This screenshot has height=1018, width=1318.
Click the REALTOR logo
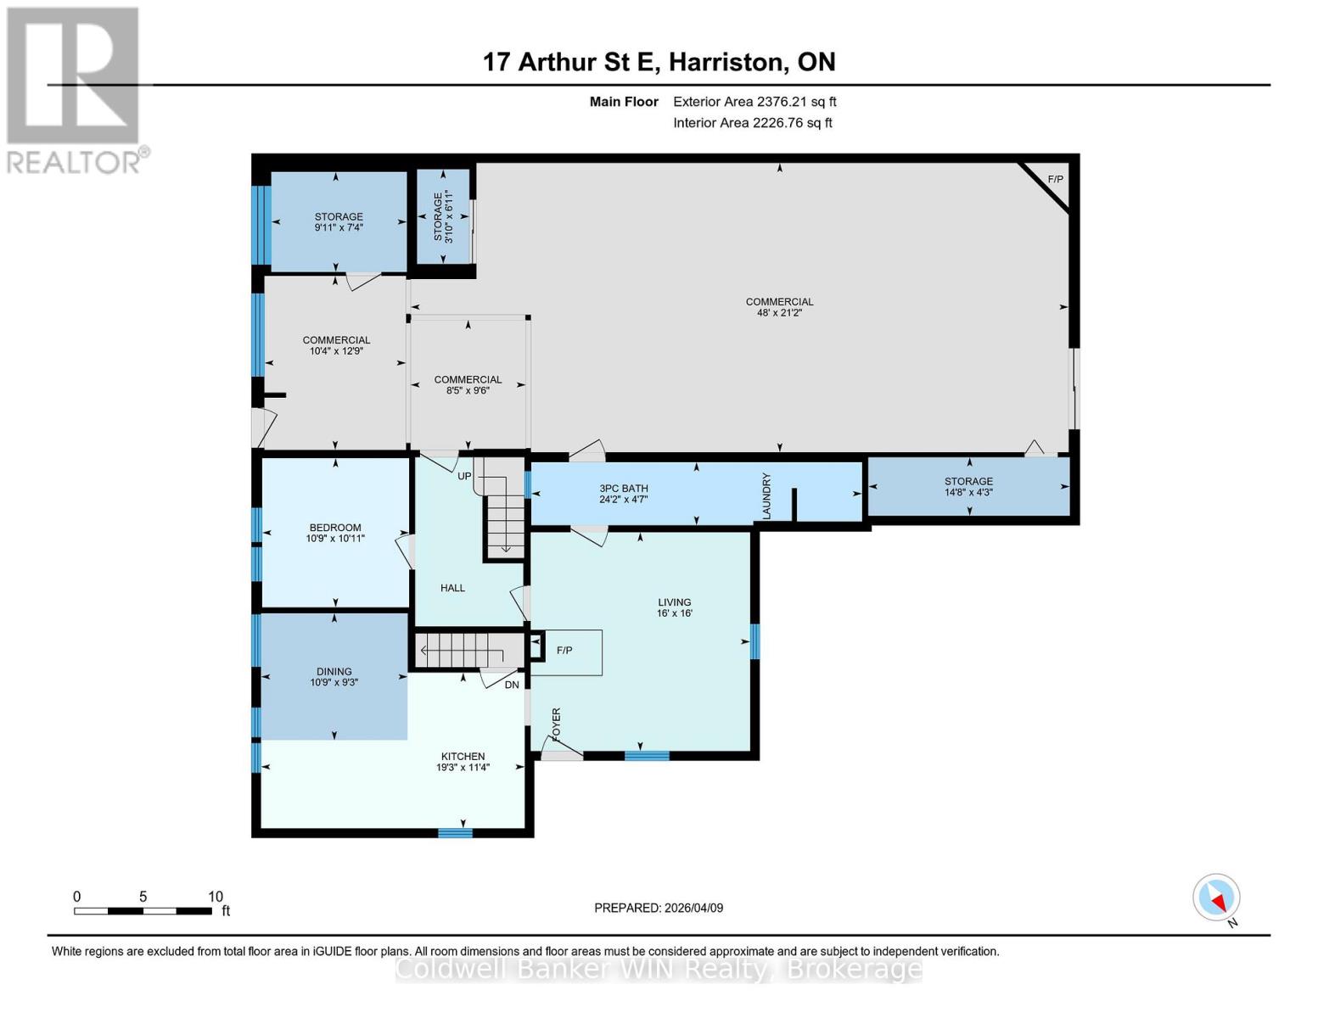click(x=75, y=90)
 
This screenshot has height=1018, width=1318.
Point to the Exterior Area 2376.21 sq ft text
click(x=754, y=102)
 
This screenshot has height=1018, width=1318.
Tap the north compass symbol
click(x=1216, y=898)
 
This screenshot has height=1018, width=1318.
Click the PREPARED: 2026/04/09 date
click(x=659, y=908)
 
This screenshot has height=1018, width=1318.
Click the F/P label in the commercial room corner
click(x=1055, y=179)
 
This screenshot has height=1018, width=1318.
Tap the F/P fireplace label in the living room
click(x=564, y=651)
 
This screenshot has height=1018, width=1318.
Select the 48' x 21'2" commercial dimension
click(x=779, y=313)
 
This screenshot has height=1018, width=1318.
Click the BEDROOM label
click(x=335, y=528)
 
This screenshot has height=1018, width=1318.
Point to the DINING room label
click(x=334, y=672)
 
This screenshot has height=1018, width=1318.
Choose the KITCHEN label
click(x=463, y=757)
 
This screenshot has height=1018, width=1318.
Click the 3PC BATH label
click(x=624, y=489)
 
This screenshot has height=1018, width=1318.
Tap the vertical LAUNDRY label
click(x=766, y=496)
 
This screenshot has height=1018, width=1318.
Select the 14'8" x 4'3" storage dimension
click(x=968, y=492)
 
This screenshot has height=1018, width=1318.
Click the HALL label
click(x=452, y=588)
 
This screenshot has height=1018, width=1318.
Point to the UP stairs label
click(x=464, y=476)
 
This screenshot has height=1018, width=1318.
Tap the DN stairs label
click(x=512, y=685)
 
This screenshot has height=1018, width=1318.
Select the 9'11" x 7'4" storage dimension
click(x=339, y=227)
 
